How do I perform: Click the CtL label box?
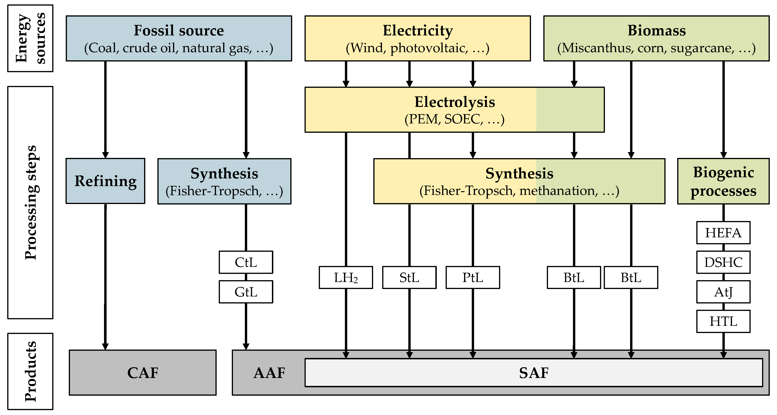coord(246,262)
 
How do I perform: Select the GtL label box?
coord(246,292)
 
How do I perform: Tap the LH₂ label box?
coord(346,277)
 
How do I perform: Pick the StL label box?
coord(409,277)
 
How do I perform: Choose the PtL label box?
coord(473,277)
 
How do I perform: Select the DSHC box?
coord(723,262)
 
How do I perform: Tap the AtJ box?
coord(723,292)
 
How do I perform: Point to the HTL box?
coord(723,321)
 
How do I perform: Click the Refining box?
coord(105,181)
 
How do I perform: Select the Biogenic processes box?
coord(723,181)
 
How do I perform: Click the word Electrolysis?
coord(454,102)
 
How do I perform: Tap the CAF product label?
coord(143,373)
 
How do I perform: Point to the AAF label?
coord(269,373)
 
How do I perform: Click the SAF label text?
coord(534,373)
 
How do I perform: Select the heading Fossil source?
coord(179,31)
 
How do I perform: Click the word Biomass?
coord(656,31)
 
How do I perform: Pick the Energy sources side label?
coord(30,38)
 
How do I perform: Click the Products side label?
coord(30,371)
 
